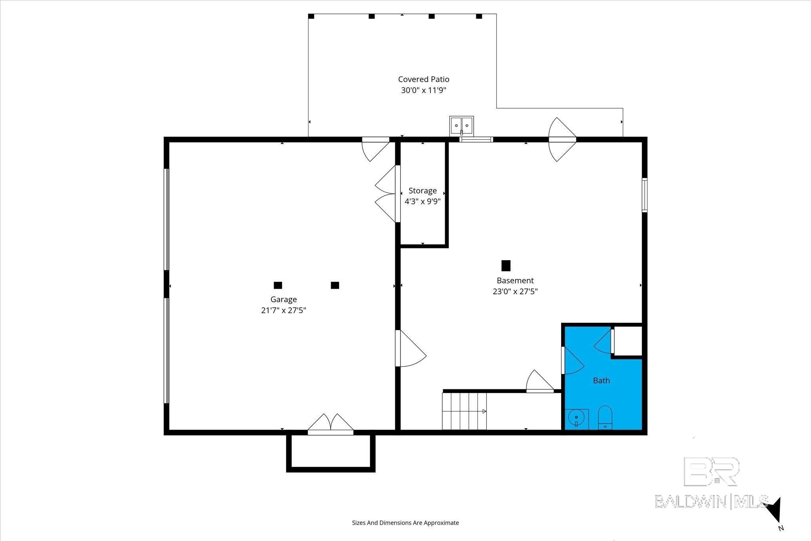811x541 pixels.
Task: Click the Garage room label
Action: click(284, 299)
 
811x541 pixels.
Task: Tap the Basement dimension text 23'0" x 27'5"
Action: click(515, 291)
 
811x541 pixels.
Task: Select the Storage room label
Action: click(423, 190)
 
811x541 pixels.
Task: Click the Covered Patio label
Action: click(423, 79)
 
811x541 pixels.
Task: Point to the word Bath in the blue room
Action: click(601, 381)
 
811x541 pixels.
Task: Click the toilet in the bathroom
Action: click(605, 417)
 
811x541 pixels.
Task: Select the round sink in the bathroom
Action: click(576, 417)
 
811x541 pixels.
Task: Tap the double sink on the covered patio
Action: click(461, 125)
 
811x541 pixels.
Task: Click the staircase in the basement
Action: click(465, 411)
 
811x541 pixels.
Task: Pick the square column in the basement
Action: click(506, 265)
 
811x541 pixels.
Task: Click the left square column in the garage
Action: click(278, 285)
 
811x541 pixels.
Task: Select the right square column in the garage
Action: click(335, 285)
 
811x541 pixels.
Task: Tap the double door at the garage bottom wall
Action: click(330, 425)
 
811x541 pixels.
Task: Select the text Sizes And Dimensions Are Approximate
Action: click(405, 523)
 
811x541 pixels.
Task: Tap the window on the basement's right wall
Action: click(644, 195)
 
